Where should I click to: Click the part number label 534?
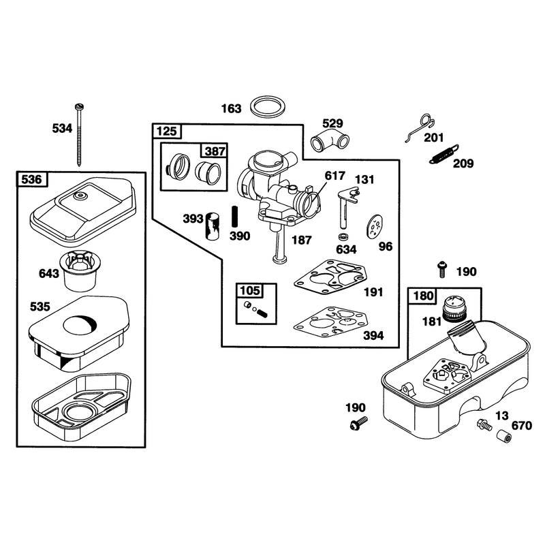coord(62,128)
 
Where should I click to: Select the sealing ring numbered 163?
coord(268,107)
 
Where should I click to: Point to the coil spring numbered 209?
coord(444,154)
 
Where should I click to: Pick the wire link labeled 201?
coord(420,127)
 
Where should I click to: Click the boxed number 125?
coord(167,131)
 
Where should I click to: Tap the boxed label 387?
coord(215,151)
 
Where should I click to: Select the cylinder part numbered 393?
coord(212,226)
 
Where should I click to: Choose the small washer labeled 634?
coord(344,236)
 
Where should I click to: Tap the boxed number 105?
coord(250,290)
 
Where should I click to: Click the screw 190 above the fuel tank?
coord(442,269)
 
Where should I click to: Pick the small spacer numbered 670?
coord(504,436)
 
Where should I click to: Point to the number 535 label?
coord(40,307)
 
